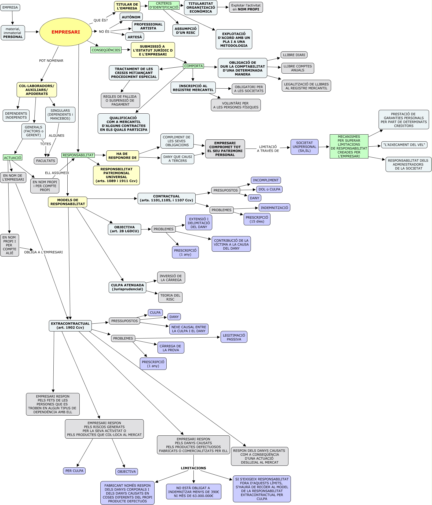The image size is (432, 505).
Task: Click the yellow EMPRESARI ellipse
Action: coord(65,32)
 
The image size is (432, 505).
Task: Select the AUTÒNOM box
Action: coord(131,17)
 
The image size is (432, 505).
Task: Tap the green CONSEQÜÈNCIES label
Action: coord(106,50)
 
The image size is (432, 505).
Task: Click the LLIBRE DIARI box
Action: coord(294,55)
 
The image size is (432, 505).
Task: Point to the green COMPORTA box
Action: coord(193,66)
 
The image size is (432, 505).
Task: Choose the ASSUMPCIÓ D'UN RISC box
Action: coord(186,31)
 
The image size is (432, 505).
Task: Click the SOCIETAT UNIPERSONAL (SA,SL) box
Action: coord(304,147)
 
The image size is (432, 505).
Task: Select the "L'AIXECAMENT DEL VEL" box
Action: coord(404,145)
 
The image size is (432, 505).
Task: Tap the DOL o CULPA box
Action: coord(269,189)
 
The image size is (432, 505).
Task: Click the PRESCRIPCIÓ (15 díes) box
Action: coord(257,219)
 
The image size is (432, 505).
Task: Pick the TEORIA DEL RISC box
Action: coord(170,297)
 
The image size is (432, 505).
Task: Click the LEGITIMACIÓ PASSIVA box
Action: coord(234,337)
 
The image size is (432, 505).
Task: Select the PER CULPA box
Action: coord(74,471)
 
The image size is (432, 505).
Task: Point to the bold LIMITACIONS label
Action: coord(193,468)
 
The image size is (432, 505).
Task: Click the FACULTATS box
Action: coord(46,161)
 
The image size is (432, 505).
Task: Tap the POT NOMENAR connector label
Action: coord(51,60)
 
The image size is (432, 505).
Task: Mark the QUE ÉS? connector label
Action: coord(101,20)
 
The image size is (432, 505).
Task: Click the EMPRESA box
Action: coord(10,7)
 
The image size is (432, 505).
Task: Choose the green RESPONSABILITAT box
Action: coord(78,155)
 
